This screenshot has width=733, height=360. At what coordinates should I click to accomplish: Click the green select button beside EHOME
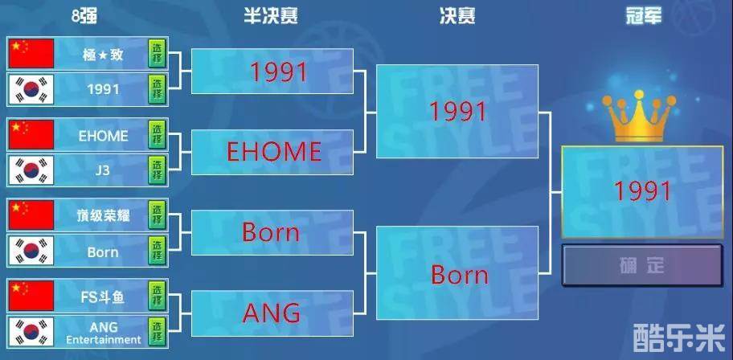157,135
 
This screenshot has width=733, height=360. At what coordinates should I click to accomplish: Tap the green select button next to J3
157,170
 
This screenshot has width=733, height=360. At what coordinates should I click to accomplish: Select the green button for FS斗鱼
157,297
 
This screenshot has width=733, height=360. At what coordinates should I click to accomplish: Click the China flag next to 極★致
31,54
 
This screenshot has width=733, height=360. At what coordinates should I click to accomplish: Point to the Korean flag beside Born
31,251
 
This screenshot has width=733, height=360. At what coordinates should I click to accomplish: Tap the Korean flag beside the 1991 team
31,89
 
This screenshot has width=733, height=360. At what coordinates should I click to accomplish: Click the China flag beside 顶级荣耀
31,215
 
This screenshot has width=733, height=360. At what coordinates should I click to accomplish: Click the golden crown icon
639,116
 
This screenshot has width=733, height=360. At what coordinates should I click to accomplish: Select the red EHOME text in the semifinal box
274,152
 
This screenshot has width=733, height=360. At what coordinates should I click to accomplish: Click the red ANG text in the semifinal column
272,313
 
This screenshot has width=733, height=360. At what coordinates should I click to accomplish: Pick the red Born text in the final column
460,275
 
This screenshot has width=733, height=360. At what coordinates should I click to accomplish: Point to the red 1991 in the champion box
643,191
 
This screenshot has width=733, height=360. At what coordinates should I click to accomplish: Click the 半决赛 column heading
271,16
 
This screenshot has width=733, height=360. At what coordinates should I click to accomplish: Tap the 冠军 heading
644,16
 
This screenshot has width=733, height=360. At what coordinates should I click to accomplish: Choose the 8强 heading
84,16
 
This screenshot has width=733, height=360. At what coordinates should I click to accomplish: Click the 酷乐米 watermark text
679,337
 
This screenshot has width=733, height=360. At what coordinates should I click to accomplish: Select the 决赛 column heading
457,16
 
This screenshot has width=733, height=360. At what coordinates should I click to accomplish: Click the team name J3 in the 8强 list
102,170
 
